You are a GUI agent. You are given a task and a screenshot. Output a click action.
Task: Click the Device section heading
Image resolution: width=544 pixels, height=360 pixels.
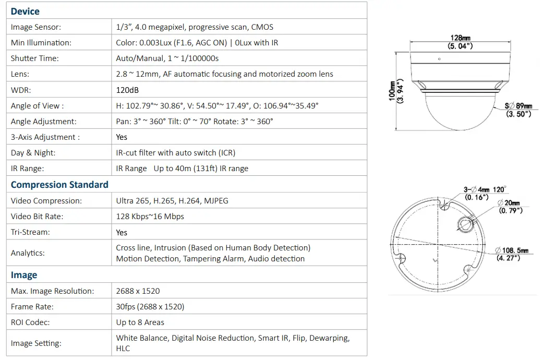click(x=25, y=11)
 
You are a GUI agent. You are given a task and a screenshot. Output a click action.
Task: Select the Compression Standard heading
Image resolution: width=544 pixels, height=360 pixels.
click(x=59, y=185)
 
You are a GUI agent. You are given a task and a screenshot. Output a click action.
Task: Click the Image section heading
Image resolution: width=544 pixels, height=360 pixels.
click(x=24, y=275)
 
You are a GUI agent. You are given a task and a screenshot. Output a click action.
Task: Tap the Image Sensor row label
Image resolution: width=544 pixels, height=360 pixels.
click(x=36, y=27)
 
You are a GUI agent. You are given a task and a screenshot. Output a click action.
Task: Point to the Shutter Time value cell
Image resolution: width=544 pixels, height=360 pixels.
click(x=167, y=58)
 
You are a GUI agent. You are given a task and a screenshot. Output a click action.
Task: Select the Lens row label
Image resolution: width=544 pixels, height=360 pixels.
click(x=20, y=74)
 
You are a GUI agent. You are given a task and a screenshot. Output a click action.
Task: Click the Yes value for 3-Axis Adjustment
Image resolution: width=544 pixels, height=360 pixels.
click(x=122, y=137)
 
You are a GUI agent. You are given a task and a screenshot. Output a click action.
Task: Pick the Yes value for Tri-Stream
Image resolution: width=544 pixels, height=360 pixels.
click(x=122, y=232)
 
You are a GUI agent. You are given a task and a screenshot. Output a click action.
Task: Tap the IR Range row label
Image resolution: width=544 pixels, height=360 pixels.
click(x=27, y=169)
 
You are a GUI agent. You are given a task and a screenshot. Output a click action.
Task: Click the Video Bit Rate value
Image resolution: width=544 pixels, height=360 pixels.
click(x=150, y=217)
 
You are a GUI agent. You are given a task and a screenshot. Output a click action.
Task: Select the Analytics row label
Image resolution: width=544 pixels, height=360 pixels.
click(x=28, y=253)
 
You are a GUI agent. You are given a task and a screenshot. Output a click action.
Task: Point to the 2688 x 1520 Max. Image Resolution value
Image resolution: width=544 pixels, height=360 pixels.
click(x=138, y=291)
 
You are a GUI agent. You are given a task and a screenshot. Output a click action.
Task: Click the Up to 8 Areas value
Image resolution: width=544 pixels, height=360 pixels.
click(x=140, y=322)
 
